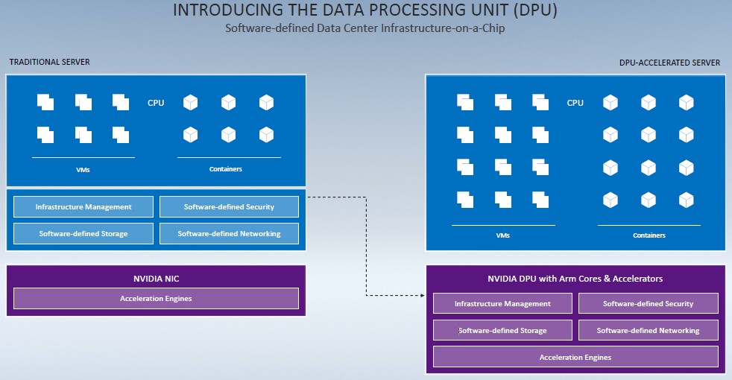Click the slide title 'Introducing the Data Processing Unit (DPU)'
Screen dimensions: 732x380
(x=365, y=10)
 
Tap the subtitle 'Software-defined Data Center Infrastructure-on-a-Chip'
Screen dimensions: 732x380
(x=365, y=28)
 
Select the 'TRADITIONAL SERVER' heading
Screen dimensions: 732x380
(x=49, y=62)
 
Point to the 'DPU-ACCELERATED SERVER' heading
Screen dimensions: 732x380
(x=669, y=63)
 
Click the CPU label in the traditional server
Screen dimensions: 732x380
(x=156, y=103)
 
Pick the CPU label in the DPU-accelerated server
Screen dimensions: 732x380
(x=575, y=103)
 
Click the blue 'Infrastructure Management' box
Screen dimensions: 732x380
(x=83, y=207)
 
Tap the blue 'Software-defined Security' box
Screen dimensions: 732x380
(x=230, y=207)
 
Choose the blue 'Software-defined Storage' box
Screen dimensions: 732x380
(x=83, y=233)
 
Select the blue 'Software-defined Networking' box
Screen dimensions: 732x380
(x=230, y=233)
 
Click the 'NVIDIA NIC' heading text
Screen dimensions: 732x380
(x=157, y=279)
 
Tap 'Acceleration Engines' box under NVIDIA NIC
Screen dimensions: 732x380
(x=156, y=298)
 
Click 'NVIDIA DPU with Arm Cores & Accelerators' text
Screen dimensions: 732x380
(x=575, y=279)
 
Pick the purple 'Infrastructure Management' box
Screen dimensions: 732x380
(x=502, y=303)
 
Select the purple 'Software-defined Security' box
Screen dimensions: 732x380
(x=649, y=303)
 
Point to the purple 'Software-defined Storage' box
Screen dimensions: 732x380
(x=502, y=331)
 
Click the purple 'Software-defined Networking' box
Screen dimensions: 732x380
(x=649, y=331)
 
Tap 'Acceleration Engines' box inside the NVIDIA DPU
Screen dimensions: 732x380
(x=575, y=357)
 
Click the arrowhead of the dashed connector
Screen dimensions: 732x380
(x=423, y=295)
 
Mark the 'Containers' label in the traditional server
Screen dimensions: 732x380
(x=225, y=169)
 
